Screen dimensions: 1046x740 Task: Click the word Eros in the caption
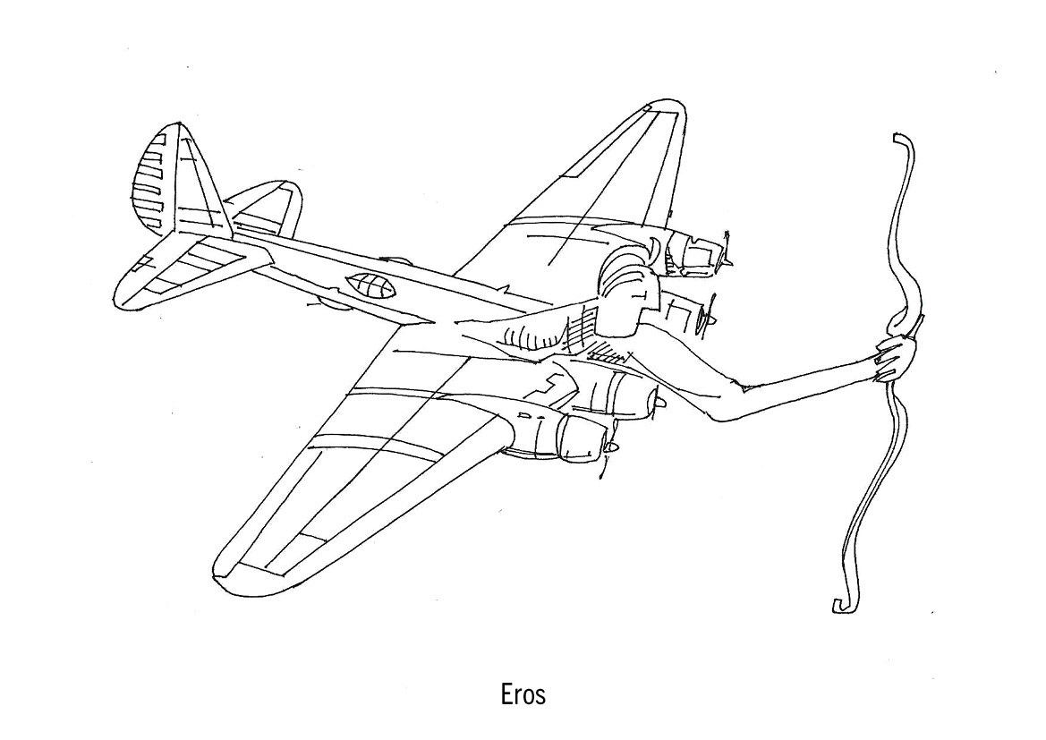pos(523,694)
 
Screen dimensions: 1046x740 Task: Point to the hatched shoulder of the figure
pos(586,327)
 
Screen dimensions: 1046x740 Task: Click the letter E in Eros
pos(506,694)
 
